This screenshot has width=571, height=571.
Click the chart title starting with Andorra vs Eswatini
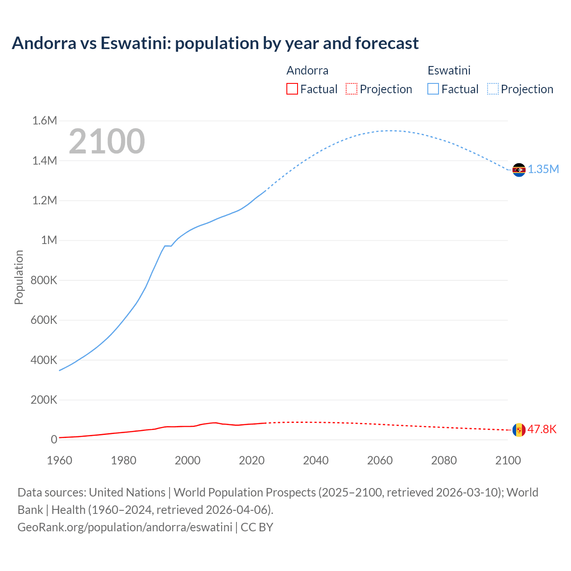(x=215, y=43)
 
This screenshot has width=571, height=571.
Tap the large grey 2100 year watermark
(x=107, y=141)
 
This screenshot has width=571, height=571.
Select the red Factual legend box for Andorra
(x=292, y=89)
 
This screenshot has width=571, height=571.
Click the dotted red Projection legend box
(x=352, y=89)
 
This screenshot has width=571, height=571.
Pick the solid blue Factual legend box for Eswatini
(x=433, y=89)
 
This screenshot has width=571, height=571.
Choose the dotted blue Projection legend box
(x=492, y=89)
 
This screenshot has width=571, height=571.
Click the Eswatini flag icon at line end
(x=519, y=170)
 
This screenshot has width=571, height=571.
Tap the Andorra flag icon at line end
(x=519, y=430)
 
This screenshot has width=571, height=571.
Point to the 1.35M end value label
(x=543, y=170)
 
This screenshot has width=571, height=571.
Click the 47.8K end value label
(x=542, y=430)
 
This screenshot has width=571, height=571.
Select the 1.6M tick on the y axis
(x=45, y=121)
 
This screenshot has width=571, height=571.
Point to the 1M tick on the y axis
(x=49, y=240)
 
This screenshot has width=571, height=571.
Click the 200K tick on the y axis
(x=44, y=400)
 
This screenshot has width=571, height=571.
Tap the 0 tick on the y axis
(x=54, y=440)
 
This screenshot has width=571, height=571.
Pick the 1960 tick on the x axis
(x=59, y=460)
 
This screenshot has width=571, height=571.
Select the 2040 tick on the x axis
(x=316, y=460)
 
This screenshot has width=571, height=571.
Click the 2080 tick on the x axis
(x=444, y=460)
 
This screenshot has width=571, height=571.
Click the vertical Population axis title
(x=19, y=277)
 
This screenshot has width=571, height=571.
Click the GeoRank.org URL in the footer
(x=124, y=527)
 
